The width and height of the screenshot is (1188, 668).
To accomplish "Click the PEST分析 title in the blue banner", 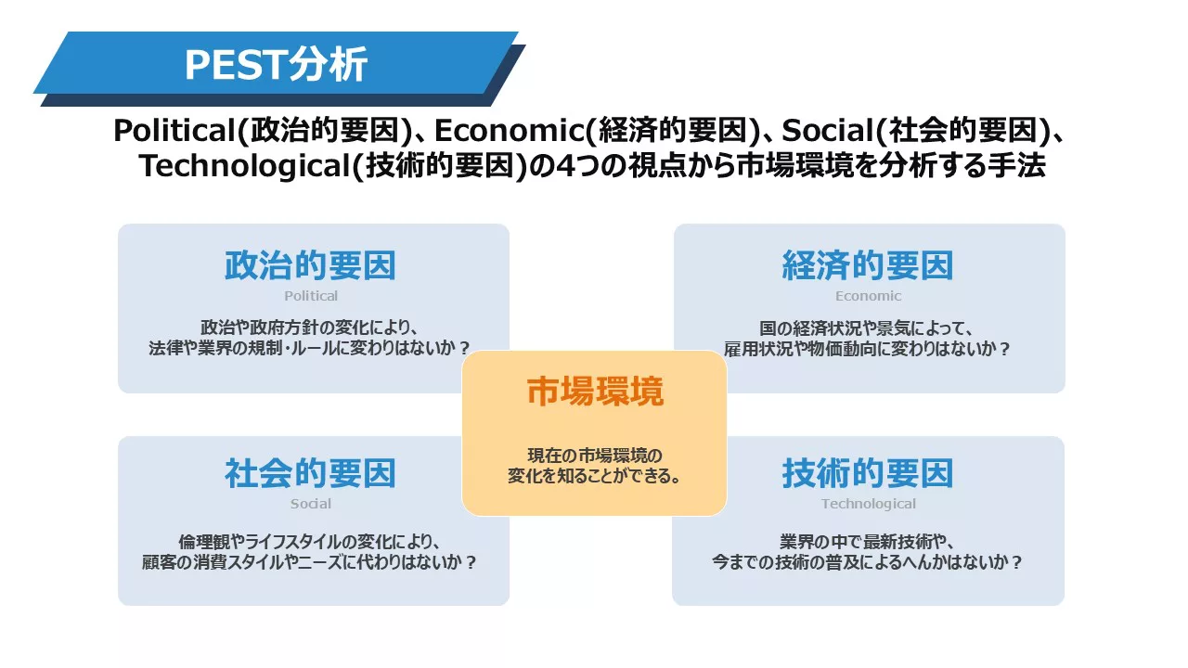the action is coord(276,64).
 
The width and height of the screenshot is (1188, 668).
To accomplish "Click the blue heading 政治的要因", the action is coord(310,265).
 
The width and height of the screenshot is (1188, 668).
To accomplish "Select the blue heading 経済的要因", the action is coord(868,265).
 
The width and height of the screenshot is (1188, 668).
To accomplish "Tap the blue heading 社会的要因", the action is coord(310,473).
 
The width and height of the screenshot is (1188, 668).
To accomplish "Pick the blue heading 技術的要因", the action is coord(868,473).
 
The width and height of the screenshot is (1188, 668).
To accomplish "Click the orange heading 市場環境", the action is coord(595,392).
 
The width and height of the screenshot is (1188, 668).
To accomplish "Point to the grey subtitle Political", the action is coord(311,296).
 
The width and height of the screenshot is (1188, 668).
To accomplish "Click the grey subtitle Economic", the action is coord(868,296).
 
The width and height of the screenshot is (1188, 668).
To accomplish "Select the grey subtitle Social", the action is coord(311,504).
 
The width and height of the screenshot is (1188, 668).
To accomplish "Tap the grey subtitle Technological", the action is coord(868,504).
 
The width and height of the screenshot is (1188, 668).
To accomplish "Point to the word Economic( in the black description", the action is coord(516,131).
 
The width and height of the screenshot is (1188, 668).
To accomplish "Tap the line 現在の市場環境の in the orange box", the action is coord(595,456).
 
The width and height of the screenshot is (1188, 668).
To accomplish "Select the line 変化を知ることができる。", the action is coord(595,476).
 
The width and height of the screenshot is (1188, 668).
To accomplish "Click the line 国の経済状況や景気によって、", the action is coord(867,328).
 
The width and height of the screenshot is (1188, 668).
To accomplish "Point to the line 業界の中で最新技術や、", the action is coord(868,541).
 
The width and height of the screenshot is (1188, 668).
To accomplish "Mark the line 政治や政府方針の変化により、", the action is coord(310,328).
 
